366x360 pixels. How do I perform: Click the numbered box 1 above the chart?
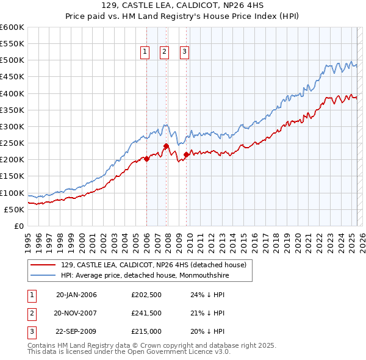point(145,52)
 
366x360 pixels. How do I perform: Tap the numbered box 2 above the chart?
point(165,52)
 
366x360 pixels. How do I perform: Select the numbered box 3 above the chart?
point(184,52)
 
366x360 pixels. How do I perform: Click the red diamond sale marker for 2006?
point(146,159)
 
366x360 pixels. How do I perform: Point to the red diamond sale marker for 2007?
point(166,146)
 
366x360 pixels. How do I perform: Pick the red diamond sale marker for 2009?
point(186,154)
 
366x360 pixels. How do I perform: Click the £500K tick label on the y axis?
point(12,60)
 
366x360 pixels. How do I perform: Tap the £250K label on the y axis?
point(12,143)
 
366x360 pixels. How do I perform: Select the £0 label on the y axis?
point(18,226)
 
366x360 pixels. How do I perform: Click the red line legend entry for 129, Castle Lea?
point(153,265)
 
